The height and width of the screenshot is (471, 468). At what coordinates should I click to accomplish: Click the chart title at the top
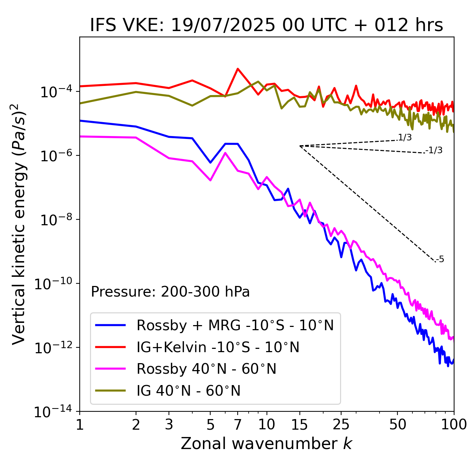click(267, 26)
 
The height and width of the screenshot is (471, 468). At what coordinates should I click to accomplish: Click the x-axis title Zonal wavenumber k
click(267, 444)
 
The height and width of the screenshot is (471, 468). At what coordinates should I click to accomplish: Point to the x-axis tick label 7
click(238, 425)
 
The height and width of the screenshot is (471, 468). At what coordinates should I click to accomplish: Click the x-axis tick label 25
click(341, 425)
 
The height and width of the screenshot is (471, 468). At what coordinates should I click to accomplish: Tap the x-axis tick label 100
click(454, 425)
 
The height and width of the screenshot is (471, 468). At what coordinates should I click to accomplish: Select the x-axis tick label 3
click(169, 425)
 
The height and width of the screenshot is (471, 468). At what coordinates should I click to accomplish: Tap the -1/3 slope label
click(434, 150)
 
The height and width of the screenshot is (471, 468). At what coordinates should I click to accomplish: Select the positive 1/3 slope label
click(405, 137)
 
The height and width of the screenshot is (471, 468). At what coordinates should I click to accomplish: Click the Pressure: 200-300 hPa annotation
click(170, 292)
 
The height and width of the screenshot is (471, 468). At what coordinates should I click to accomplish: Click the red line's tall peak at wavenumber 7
click(238, 69)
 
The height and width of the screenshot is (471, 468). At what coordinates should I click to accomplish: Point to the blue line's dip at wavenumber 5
click(210, 162)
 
